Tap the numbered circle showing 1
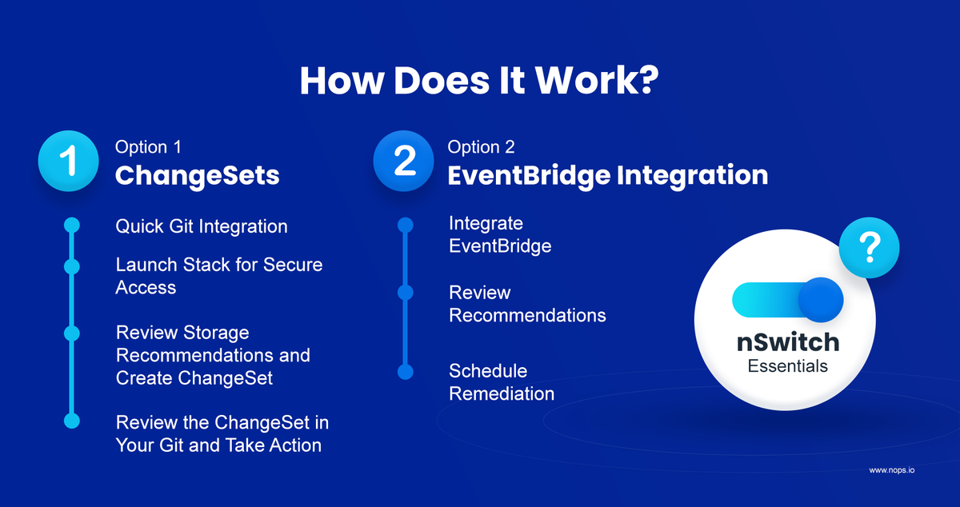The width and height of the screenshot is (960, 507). point(69,161)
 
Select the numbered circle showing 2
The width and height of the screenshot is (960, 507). point(403,161)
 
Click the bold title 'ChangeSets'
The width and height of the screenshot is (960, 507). point(197,176)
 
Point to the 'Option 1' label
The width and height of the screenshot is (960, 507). point(148,147)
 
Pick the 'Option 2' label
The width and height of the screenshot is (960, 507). point(481,147)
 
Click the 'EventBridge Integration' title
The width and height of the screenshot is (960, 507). point(608,176)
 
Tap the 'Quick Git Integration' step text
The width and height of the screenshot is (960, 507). point(202,226)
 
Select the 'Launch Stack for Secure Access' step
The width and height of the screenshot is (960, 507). point(219,276)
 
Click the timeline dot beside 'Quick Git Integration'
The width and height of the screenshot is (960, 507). point(72,225)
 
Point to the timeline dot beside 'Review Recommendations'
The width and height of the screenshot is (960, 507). point(406,293)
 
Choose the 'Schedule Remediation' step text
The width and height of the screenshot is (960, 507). point(502,382)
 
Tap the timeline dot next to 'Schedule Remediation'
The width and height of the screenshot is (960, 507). point(406,372)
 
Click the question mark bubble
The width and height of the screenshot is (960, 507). point(869,248)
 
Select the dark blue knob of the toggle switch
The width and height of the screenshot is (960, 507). point(821,300)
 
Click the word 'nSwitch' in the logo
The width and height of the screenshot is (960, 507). point(788,342)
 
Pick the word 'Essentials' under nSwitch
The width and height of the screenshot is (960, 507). point(788,366)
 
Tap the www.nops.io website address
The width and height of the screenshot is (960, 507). point(892,470)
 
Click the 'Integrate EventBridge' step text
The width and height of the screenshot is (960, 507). point(500,234)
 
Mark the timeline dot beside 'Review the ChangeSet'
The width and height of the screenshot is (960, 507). point(72,421)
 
